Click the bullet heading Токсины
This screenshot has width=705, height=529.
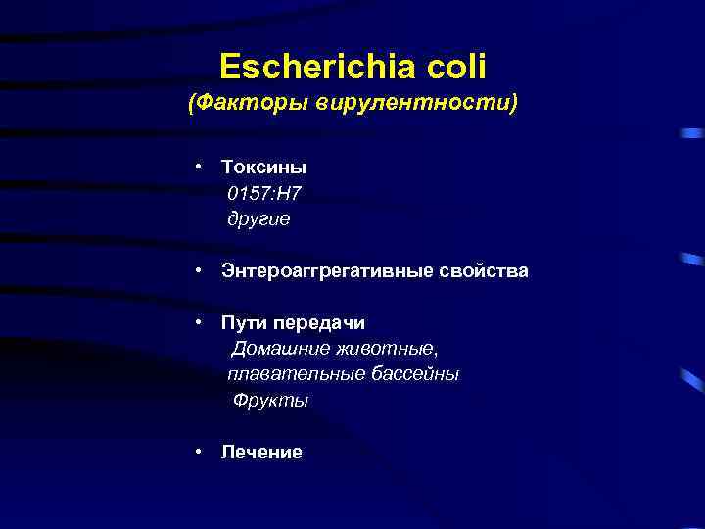(263, 168)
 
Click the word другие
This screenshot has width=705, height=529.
(258, 219)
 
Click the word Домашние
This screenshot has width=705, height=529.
(275, 349)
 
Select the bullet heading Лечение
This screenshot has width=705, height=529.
(261, 452)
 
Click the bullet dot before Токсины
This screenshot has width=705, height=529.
(198, 168)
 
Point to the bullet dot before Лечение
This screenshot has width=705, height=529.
(198, 452)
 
